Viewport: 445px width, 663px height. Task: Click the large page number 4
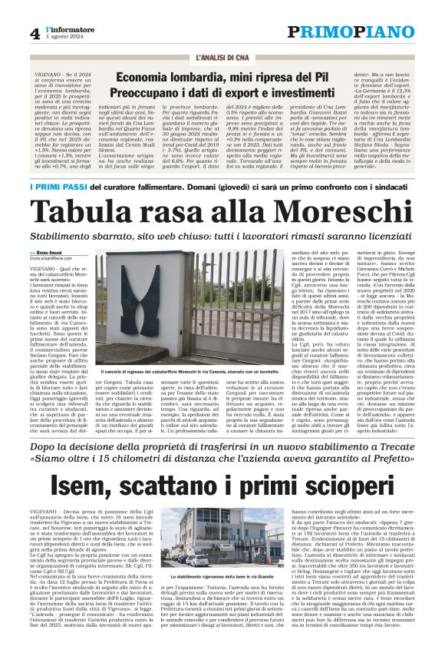35,34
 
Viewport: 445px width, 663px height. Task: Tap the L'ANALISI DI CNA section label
222,58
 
